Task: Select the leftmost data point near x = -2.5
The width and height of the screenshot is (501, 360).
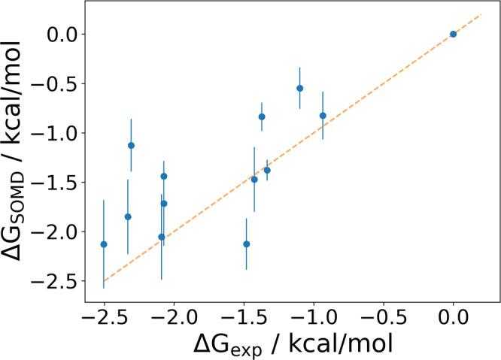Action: click(104, 244)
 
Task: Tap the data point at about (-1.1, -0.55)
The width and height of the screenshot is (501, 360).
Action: click(299, 88)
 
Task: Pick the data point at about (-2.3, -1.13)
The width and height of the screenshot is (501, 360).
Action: click(131, 145)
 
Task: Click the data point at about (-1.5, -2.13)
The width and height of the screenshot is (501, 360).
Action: click(246, 244)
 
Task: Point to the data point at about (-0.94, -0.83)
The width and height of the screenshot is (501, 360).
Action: click(323, 116)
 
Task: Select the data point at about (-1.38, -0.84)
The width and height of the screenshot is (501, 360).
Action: click(262, 116)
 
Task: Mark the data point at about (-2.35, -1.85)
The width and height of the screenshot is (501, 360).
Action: click(128, 216)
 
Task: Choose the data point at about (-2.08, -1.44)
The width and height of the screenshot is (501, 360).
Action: click(164, 176)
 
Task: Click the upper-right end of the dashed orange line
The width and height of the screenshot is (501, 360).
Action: click(480, 14)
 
